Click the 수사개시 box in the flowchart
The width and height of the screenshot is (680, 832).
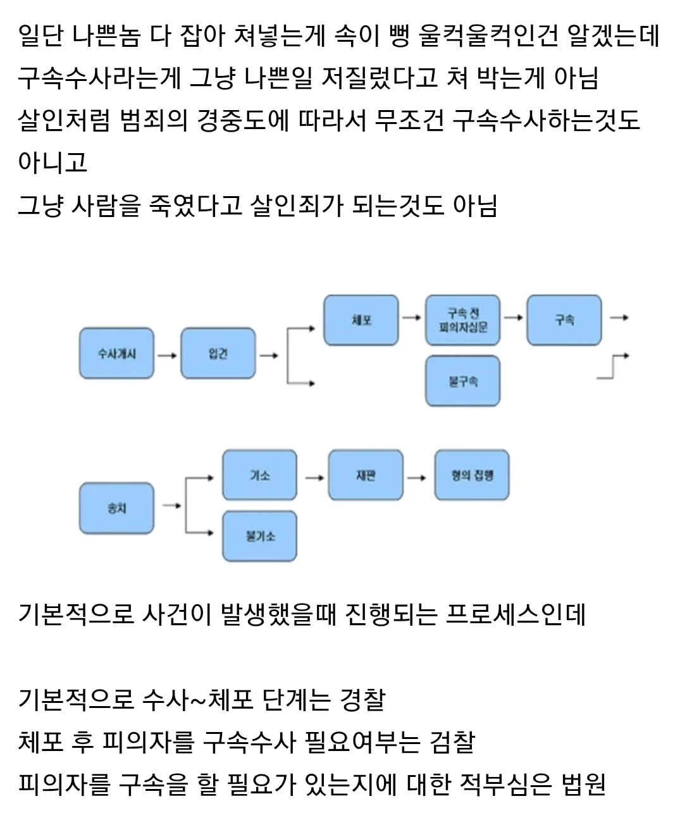tap(116, 353)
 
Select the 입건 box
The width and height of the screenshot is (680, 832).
tap(218, 353)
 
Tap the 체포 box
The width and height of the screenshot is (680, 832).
tap(361, 320)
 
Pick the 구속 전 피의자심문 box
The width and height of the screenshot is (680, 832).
tap(462, 320)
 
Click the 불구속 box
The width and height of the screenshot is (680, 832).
tap(462, 381)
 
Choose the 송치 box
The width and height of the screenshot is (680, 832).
tap(116, 508)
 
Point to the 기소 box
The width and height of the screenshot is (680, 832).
tap(259, 475)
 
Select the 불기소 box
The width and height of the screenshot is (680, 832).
tap(259, 536)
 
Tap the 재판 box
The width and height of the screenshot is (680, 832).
tap(366, 475)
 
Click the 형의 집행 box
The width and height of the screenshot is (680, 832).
tap(472, 475)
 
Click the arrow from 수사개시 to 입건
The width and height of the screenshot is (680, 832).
tap(167, 355)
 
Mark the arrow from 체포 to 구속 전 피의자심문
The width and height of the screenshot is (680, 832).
tap(412, 317)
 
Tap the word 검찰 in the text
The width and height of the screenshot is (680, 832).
tap(452, 742)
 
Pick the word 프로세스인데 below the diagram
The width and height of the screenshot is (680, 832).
tap(516, 614)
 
